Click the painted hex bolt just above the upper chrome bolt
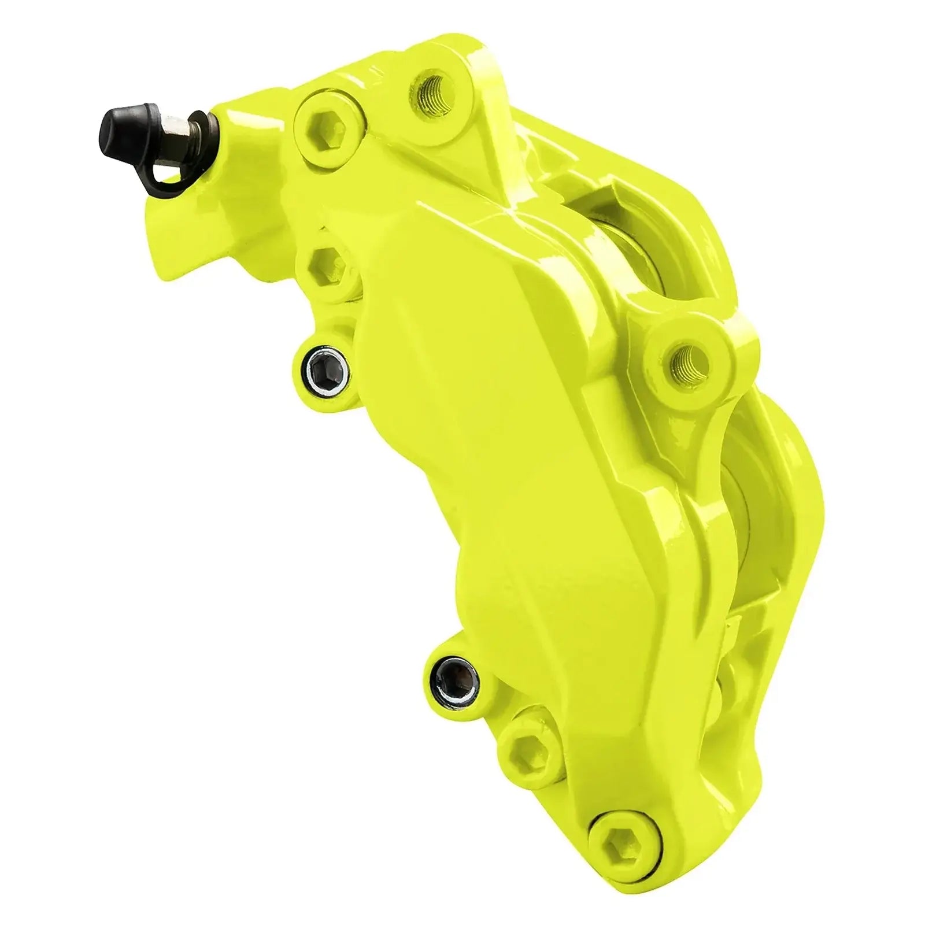pos(327,267)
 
